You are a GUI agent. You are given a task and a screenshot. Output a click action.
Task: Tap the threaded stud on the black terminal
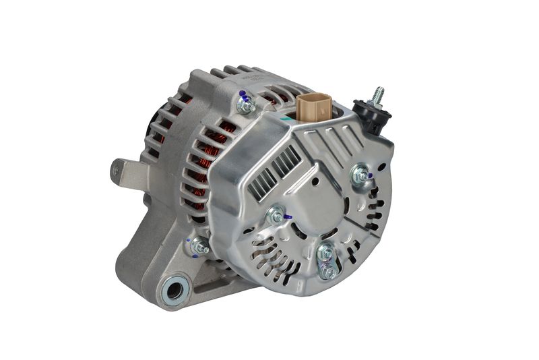pyautogui.click(x=378, y=95)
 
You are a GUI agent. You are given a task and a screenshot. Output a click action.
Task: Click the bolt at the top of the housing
pyautogui.click(x=246, y=105)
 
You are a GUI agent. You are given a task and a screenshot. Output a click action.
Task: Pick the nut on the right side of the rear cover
pyautogui.click(x=362, y=176)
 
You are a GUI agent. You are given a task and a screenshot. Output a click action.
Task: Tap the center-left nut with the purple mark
pyautogui.click(x=275, y=216)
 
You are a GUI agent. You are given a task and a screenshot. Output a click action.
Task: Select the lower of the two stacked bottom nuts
pyautogui.click(x=327, y=271)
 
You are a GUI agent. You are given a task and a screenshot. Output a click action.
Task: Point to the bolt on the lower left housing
pyautogui.click(x=199, y=247)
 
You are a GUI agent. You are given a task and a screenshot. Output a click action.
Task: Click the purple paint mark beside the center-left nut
pyautogui.click(x=288, y=217)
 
